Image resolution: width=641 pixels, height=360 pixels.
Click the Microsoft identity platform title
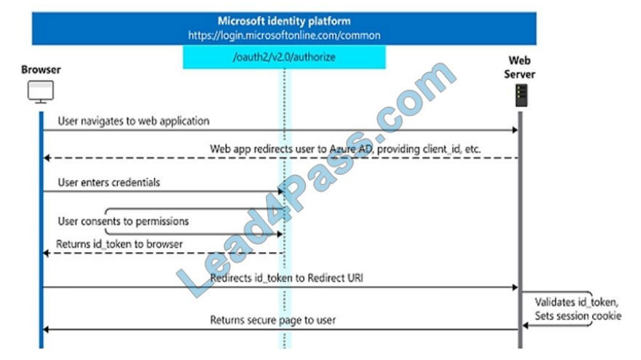click(x=284, y=21)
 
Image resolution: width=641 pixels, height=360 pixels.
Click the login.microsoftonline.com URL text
click(x=284, y=36)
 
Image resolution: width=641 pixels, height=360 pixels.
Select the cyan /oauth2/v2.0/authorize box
click(x=284, y=57)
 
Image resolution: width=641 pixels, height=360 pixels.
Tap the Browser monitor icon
click(x=41, y=92)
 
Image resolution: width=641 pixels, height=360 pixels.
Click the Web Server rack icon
click(x=522, y=95)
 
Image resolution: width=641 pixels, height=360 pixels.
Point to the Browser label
click(x=41, y=69)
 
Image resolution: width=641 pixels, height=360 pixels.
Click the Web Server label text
click(x=519, y=68)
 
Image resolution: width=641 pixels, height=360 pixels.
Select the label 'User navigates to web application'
click(x=134, y=121)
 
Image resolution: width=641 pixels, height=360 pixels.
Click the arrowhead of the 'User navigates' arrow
click(x=515, y=130)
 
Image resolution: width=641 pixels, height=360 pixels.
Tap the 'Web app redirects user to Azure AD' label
click(x=345, y=149)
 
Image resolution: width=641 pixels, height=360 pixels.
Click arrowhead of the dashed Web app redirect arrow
click(x=47, y=158)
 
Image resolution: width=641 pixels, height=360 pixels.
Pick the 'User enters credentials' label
click(x=109, y=182)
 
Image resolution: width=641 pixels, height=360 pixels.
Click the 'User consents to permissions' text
click(x=123, y=222)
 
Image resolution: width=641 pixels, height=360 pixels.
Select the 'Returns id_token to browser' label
click(x=119, y=244)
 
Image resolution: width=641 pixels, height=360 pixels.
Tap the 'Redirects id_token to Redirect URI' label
click(x=286, y=278)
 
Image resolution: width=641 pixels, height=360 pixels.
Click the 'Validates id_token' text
click(x=576, y=302)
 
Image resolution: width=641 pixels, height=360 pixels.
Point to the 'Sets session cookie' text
click(x=578, y=316)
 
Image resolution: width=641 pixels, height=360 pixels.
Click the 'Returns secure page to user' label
click(x=273, y=320)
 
